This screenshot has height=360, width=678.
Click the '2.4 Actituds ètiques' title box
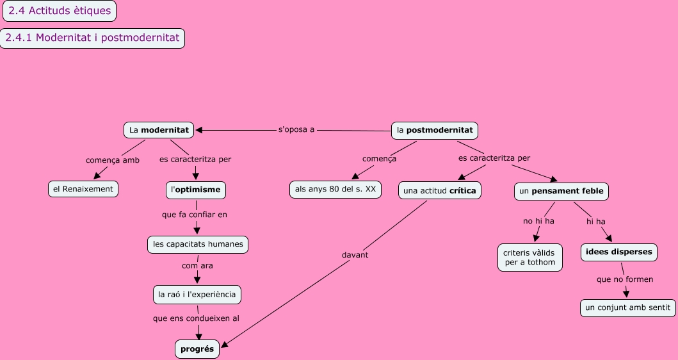(60, 10)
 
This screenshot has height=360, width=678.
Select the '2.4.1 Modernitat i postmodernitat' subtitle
(92, 38)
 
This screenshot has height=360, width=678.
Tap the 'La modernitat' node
(159, 130)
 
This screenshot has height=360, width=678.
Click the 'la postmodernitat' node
(435, 130)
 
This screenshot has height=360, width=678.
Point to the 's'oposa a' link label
(296, 129)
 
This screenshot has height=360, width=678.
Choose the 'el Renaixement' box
(83, 188)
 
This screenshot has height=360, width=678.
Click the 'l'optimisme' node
(196, 190)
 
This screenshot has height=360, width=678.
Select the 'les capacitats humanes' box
(198, 244)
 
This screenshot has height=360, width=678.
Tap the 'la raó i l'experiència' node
(197, 295)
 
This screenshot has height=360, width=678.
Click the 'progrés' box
(197, 348)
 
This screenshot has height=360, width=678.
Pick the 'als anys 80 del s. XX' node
(335, 190)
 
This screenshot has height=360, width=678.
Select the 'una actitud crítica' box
(439, 191)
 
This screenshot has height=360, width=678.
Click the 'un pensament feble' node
(561, 191)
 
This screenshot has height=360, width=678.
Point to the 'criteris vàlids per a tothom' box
(530, 257)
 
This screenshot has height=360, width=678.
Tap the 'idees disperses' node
(618, 252)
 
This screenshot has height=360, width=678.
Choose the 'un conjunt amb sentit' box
(627, 307)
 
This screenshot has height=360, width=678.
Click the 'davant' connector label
(355, 254)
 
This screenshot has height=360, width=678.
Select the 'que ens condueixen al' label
(196, 318)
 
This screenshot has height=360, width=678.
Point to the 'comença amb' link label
(113, 160)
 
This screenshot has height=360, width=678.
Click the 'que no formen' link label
(625, 279)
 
